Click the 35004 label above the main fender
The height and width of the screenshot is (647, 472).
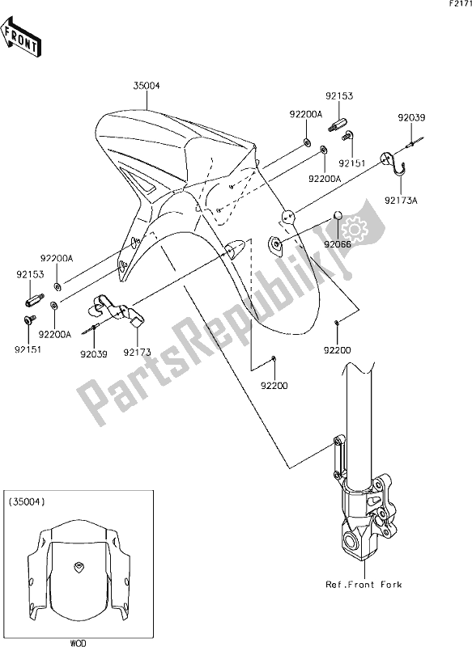coord(147,84)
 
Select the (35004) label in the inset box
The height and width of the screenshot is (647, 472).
coord(27,502)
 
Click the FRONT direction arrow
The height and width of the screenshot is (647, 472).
coord(22,40)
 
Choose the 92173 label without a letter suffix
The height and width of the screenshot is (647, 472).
coord(135,353)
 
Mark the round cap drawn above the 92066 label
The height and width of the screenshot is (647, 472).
coord(339,217)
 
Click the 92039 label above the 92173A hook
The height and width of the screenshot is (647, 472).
coord(410,118)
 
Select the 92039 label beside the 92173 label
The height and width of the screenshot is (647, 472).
coord(93,353)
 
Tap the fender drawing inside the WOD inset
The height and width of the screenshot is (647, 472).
coord(78,570)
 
